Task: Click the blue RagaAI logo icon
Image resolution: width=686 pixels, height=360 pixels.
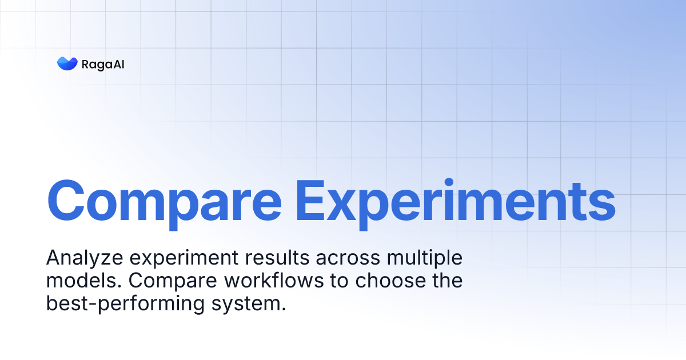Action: (67, 63)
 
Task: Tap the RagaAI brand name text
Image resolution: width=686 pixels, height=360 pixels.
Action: (103, 64)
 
